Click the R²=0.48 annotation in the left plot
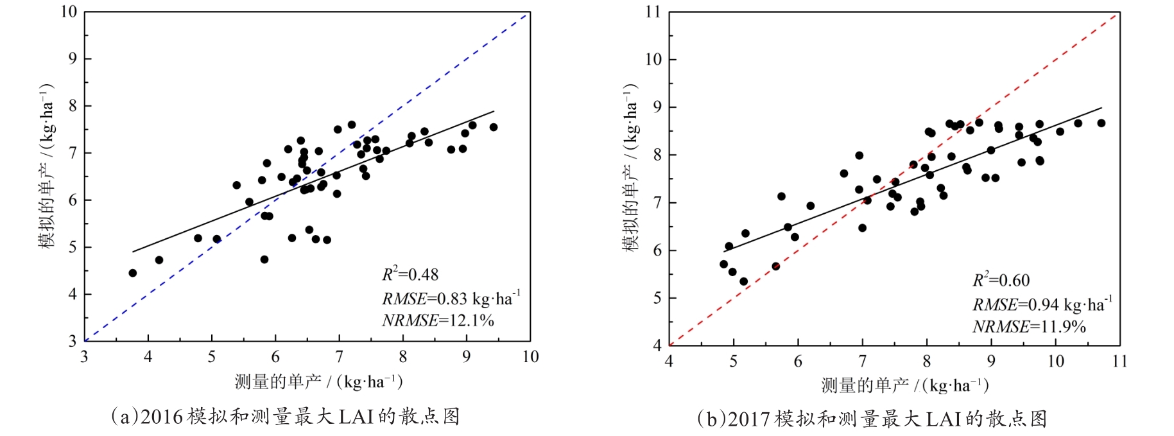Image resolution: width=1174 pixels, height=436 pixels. click(x=410, y=275)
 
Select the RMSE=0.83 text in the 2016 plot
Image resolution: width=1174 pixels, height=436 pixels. click(x=451, y=299)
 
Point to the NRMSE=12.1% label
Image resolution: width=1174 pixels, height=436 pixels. click(x=438, y=320)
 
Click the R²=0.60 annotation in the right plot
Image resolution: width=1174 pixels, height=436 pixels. click(x=1001, y=281)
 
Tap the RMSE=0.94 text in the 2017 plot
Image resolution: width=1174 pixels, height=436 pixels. click(x=1042, y=304)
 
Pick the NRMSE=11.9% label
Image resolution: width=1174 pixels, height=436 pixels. click(x=1029, y=327)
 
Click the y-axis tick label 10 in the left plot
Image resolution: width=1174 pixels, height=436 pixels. click(x=69, y=12)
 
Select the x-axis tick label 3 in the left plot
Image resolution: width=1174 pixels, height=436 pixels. click(x=84, y=357)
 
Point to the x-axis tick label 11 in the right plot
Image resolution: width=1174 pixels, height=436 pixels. click(x=1119, y=362)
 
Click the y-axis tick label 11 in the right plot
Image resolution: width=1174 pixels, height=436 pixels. click(x=653, y=12)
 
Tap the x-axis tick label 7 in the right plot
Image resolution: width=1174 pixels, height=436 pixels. click(x=862, y=362)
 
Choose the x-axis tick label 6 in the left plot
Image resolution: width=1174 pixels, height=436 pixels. click(x=275, y=357)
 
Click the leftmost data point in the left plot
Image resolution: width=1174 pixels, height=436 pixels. click(x=133, y=273)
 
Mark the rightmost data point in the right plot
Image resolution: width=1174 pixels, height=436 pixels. click(x=1101, y=123)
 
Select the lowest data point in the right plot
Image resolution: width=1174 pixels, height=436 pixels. click(x=744, y=281)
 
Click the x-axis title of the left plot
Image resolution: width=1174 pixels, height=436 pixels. click(x=318, y=382)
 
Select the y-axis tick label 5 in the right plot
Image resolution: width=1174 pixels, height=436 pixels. click(x=657, y=298)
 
